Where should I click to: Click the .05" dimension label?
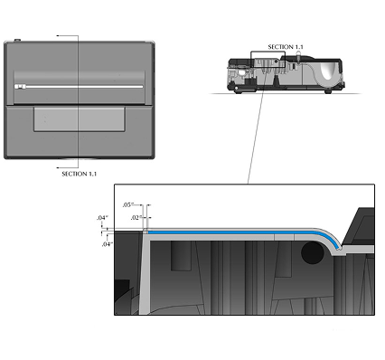click(127, 205)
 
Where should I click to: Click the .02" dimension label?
click(136, 217)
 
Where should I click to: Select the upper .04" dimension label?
click(102, 218)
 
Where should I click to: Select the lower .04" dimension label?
click(108, 244)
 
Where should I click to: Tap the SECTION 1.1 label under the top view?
click(80, 174)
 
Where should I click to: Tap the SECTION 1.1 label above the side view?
click(286, 47)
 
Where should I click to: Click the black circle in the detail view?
click(313, 253)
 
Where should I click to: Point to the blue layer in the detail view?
click(241, 232)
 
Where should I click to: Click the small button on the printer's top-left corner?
click(17, 40)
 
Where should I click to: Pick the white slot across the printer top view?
click(79, 87)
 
